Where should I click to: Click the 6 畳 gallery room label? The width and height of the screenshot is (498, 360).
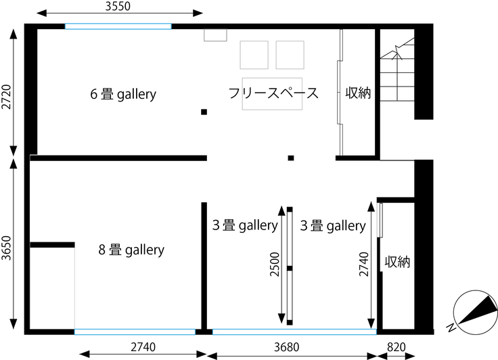click(x=123, y=94)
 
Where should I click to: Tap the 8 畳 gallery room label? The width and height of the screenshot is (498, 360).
click(x=131, y=250)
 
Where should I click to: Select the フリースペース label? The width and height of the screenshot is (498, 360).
click(x=273, y=93)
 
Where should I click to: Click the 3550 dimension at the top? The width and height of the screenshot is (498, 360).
click(x=118, y=6)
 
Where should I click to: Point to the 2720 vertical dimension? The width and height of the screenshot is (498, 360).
click(x=6, y=97)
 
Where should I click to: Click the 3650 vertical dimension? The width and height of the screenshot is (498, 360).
click(x=6, y=248)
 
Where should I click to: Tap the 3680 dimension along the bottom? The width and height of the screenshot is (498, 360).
click(x=286, y=347)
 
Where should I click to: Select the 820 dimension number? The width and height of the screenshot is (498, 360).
click(x=397, y=347)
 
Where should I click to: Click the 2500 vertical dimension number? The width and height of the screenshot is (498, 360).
click(x=275, y=264)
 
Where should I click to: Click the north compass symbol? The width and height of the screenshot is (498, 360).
click(x=476, y=312)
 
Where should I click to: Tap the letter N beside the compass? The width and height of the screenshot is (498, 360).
click(x=451, y=328)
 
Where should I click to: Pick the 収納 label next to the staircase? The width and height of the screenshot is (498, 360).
click(x=358, y=93)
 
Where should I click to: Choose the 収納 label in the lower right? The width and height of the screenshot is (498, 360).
click(x=397, y=262)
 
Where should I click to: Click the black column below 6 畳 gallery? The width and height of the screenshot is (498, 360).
click(x=204, y=112)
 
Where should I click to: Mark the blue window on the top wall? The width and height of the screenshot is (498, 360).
click(x=118, y=26)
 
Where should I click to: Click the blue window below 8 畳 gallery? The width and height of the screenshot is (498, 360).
click(x=135, y=332)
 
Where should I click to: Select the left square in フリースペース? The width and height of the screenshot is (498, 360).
click(x=254, y=55)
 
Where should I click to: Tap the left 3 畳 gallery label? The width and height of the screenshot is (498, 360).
click(x=245, y=225)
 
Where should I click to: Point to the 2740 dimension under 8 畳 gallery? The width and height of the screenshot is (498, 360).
click(x=143, y=347)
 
